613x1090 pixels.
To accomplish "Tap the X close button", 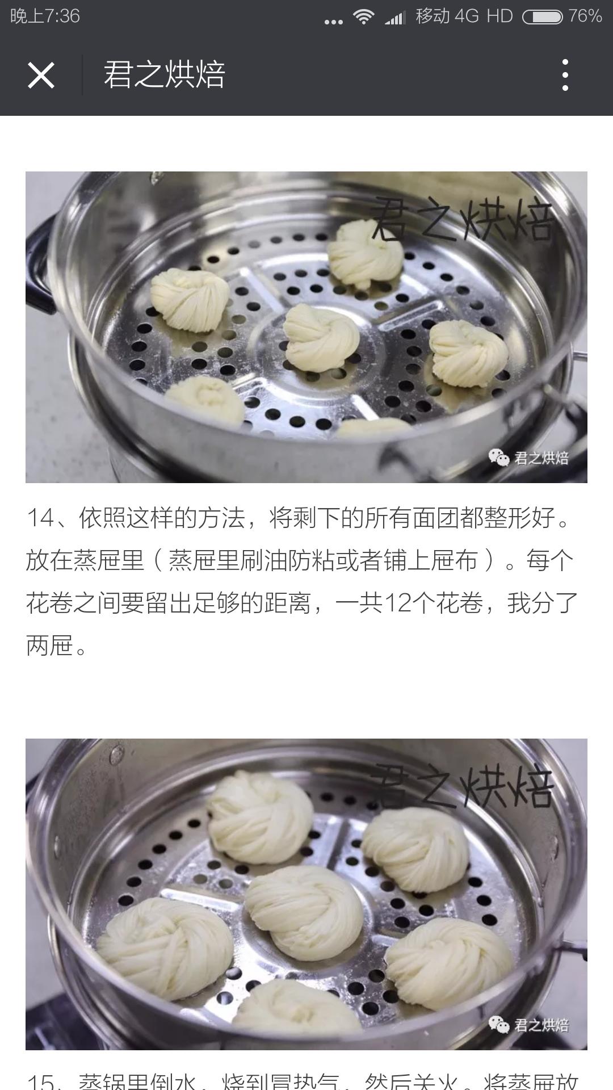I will pyautogui.click(x=41, y=75).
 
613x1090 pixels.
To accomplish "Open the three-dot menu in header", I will pyautogui.click(x=565, y=75).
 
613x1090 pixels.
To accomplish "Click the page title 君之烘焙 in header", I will pyautogui.click(x=165, y=75).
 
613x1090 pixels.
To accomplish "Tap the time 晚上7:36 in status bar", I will pyautogui.click(x=45, y=16).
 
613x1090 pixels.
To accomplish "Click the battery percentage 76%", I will pyautogui.click(x=585, y=16).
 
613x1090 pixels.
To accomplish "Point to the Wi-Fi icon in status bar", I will pyautogui.click(x=363, y=17).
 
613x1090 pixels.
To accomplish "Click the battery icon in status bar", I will pyautogui.click(x=542, y=17).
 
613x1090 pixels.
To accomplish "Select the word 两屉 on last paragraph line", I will pyautogui.click(x=50, y=645).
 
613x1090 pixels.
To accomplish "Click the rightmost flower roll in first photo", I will pyautogui.click(x=467, y=353).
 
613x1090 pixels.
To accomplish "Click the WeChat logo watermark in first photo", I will pyautogui.click(x=499, y=458).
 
